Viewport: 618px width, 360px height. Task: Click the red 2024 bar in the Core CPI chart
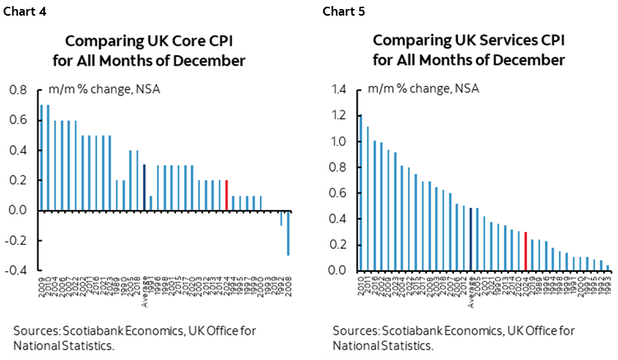click(226, 195)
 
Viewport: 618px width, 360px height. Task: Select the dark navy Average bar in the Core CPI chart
click(144, 187)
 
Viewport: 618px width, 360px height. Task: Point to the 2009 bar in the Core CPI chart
click(42, 158)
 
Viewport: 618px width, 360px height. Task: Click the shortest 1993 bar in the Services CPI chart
click(608, 267)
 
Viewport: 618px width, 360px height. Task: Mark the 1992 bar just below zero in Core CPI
click(281, 217)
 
